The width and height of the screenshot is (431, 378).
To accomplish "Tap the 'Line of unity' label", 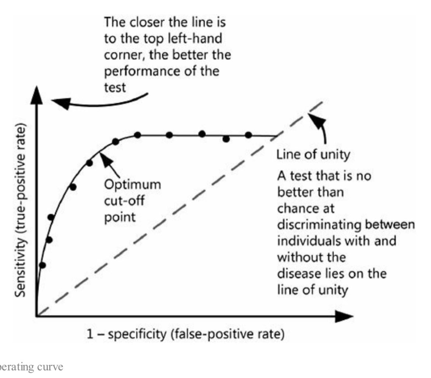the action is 313,155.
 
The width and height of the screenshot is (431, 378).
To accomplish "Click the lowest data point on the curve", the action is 42,265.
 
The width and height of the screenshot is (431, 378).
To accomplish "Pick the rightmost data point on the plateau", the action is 248,135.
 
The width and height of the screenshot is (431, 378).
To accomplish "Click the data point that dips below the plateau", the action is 226,139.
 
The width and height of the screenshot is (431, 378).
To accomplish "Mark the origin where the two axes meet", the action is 37,316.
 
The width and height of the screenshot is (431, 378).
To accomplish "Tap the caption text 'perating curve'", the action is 31,367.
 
